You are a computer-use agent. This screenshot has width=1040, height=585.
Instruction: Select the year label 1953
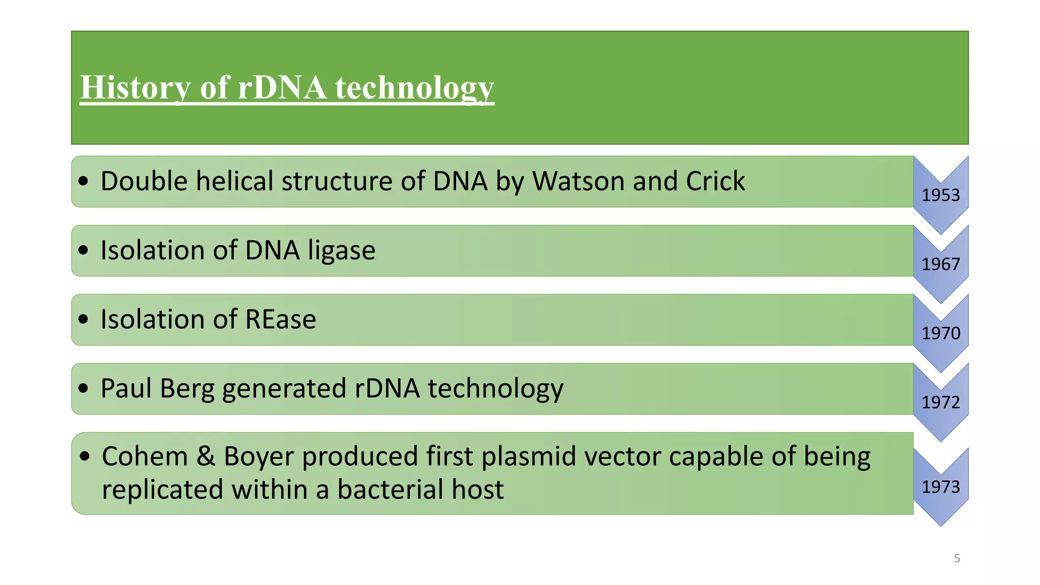(940, 196)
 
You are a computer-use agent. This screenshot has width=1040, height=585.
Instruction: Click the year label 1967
(940, 265)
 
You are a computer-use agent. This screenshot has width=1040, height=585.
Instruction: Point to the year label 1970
(940, 334)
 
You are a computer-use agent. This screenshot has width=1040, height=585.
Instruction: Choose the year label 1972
(940, 403)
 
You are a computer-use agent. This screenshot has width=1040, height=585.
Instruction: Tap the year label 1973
(940, 487)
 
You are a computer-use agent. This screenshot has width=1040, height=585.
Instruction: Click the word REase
(280, 319)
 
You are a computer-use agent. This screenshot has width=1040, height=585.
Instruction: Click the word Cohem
(145, 456)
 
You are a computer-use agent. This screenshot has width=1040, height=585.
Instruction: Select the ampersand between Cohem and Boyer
(206, 456)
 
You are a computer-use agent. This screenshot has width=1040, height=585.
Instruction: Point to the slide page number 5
(957, 559)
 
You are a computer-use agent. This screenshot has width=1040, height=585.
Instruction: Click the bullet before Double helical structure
(84, 181)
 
